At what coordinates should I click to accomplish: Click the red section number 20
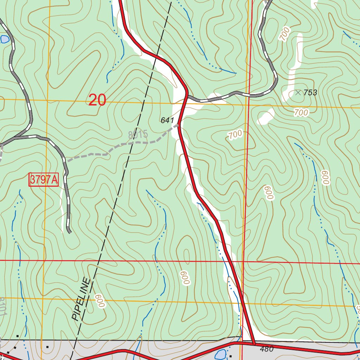[97, 100]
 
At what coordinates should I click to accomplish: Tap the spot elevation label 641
[167, 121]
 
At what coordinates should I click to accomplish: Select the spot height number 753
[310, 93]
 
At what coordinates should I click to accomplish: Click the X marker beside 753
[298, 92]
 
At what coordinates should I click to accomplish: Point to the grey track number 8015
[138, 135]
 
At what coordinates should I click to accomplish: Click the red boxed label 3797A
[43, 180]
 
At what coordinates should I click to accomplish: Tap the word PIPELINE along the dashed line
[81, 299]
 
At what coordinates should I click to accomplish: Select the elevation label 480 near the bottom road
[267, 349]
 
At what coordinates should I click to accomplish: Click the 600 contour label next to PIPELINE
[99, 301]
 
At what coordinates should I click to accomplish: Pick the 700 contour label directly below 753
[301, 113]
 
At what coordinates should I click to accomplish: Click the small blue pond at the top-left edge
[4, 39]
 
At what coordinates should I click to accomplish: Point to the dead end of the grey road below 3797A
[69, 232]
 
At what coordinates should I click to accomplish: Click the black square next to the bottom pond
[230, 356]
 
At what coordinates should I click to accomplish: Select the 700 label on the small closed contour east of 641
[235, 134]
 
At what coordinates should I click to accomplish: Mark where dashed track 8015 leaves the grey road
[65, 161]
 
